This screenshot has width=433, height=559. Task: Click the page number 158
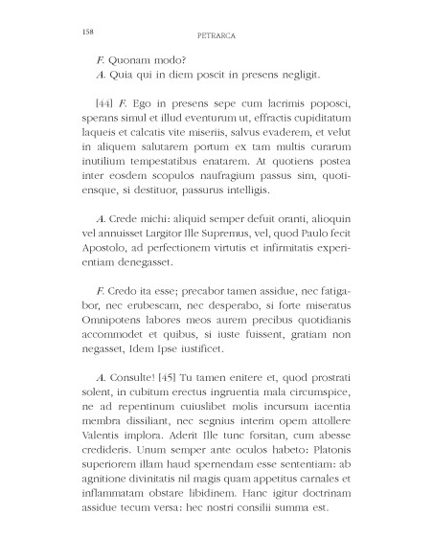coord(78,32)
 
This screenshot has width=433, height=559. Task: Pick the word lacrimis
coord(282,102)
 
